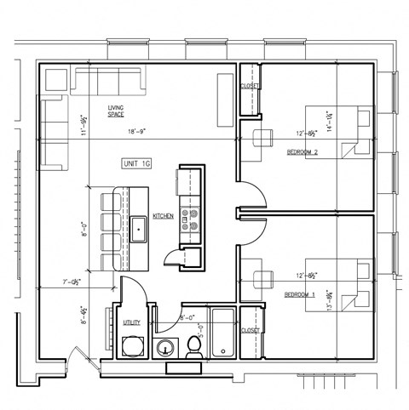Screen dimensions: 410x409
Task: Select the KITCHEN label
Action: coord(164,216)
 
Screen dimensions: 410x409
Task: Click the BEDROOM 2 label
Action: coord(302,151)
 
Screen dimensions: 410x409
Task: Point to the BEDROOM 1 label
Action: coord(300,294)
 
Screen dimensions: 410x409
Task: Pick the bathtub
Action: coord(222,333)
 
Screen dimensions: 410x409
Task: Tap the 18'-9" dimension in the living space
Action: coord(138,132)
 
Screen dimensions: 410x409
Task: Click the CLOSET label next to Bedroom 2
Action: coord(250,86)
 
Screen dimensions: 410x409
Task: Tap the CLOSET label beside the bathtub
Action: coord(250,330)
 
